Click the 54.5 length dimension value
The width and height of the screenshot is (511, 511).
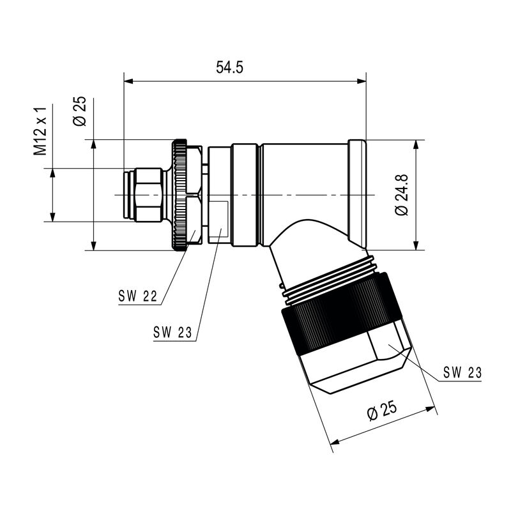(x=229, y=68)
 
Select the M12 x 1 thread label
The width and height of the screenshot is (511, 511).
(x=40, y=131)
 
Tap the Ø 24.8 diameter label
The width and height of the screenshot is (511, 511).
(x=401, y=195)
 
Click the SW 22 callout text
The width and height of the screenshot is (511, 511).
(x=137, y=296)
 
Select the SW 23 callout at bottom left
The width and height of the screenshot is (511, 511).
(x=172, y=332)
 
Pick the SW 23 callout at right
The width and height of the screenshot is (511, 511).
(x=462, y=372)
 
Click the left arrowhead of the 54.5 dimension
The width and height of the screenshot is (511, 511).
(x=128, y=81)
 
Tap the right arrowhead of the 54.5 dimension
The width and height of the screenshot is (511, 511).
(x=362, y=81)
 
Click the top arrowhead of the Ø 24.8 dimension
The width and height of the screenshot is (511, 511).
(x=416, y=145)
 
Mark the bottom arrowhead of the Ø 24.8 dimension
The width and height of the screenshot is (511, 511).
(x=416, y=246)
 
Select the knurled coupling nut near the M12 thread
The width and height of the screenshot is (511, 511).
(x=179, y=195)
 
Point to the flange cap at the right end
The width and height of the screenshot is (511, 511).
(x=357, y=195)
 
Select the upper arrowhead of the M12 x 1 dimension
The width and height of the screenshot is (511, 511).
(x=52, y=173)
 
